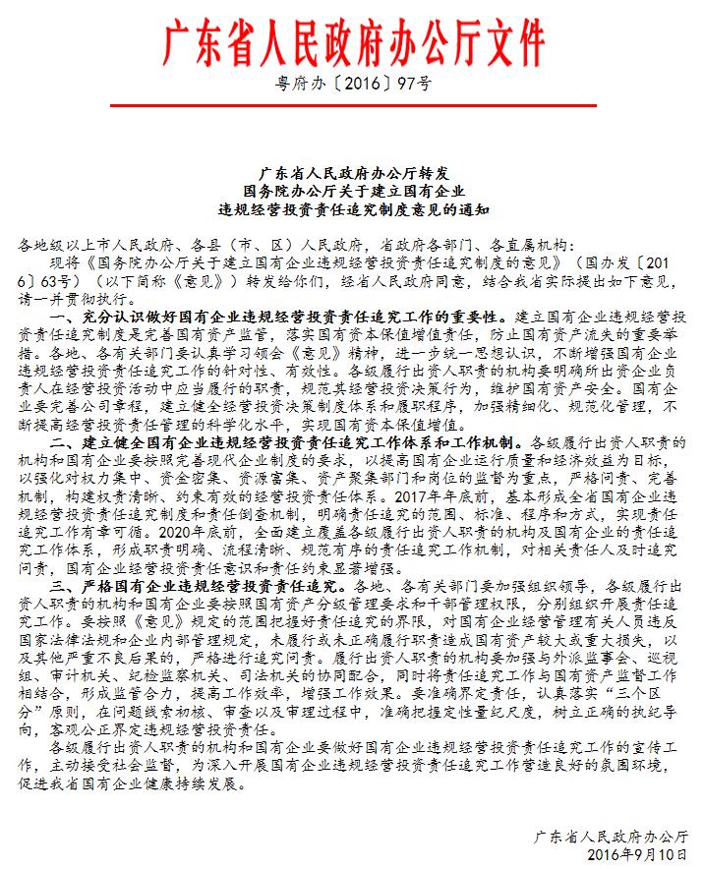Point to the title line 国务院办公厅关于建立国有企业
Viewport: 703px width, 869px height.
pyautogui.click(x=351, y=190)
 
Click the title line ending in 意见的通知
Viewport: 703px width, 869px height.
pyautogui.click(x=351, y=209)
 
